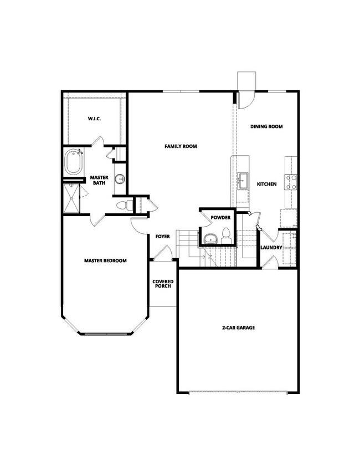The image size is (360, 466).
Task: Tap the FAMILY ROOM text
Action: click(x=181, y=146)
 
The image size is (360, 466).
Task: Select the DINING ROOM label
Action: click(x=266, y=126)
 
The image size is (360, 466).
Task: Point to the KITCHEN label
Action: click(x=266, y=184)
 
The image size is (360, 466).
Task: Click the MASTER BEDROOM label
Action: click(x=105, y=260)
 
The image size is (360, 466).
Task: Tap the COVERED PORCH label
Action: click(x=162, y=284)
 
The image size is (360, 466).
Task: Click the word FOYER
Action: click(x=162, y=237)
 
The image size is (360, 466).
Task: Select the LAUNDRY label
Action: click(x=271, y=247)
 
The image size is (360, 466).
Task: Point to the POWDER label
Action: click(x=220, y=217)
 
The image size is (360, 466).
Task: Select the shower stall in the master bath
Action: click(x=71, y=199)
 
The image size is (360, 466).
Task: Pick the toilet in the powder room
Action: click(x=226, y=234)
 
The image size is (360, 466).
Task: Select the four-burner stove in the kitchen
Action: click(x=291, y=182)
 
